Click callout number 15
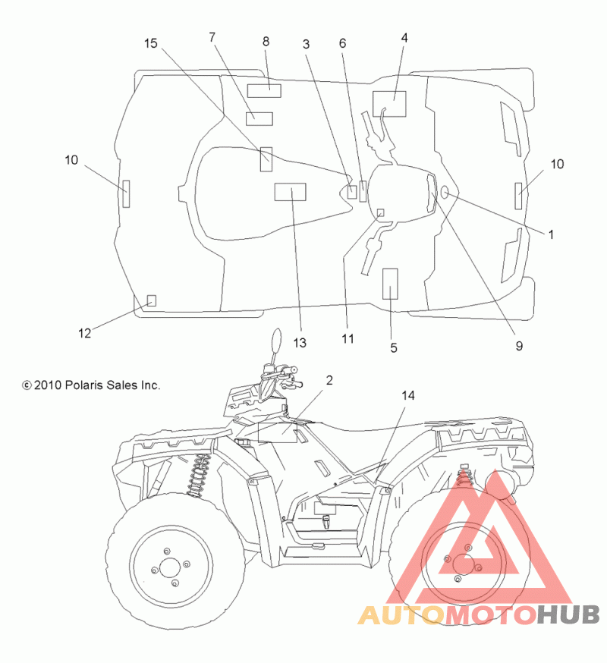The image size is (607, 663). click(x=150, y=43)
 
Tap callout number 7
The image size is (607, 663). click(x=212, y=38)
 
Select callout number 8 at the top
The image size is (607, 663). click(x=266, y=42)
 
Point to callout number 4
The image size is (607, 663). click(x=404, y=38)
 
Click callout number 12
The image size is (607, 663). click(x=84, y=333)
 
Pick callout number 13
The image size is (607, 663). click(x=300, y=342)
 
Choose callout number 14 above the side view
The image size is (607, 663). click(x=407, y=396)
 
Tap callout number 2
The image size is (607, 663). click(x=329, y=381)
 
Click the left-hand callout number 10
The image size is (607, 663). click(x=71, y=160)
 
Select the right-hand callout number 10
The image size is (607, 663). click(x=557, y=164)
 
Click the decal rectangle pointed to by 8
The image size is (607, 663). click(x=264, y=90)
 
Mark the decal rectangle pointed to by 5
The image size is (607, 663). click(x=390, y=284)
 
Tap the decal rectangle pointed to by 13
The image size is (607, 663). click(x=290, y=192)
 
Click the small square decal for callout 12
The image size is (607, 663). click(x=152, y=300)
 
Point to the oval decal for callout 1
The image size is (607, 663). click(x=445, y=193)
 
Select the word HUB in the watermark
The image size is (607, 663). click(x=568, y=614)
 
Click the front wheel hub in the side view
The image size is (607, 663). click(x=170, y=567)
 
